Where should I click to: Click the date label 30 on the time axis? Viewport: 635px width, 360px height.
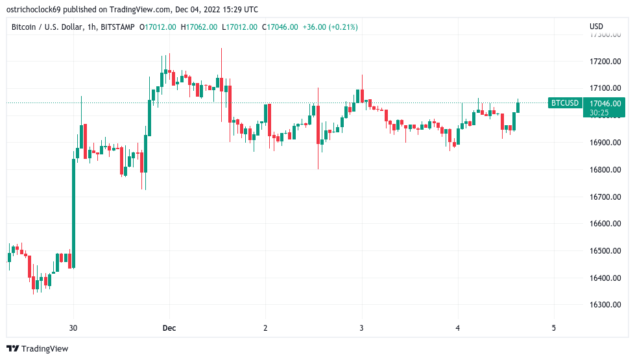coord(73,328)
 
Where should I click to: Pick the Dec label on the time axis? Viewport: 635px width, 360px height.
coord(169,328)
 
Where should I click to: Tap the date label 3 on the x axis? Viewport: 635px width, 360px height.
coord(361,328)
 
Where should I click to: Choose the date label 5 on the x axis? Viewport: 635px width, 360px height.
coord(553,328)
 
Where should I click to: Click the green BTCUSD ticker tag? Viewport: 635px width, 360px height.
coord(564,102)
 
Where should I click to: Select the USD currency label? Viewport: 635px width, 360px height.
coord(596,27)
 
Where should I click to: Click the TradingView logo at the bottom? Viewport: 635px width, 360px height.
coord(37,348)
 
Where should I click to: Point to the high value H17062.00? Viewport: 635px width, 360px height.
coord(199,27)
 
